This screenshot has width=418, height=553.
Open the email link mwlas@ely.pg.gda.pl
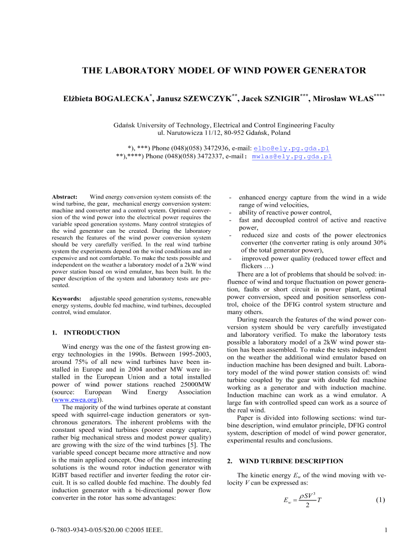coord(291,156)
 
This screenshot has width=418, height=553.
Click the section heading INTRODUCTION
coord(91,332)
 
